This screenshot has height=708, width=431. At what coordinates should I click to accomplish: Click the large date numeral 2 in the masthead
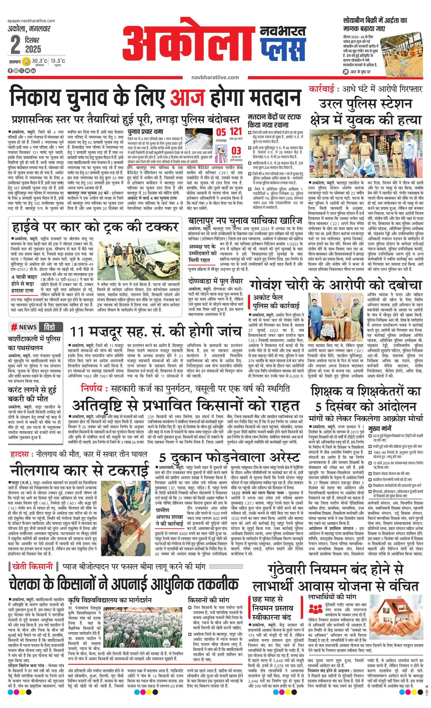(x=15, y=45)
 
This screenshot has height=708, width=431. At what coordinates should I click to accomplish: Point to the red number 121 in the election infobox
(x=236, y=132)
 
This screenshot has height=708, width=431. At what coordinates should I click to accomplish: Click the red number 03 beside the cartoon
(x=236, y=151)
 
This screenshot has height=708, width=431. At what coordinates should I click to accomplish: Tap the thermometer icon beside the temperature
(x=27, y=62)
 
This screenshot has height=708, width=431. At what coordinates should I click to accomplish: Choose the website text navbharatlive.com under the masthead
(x=215, y=77)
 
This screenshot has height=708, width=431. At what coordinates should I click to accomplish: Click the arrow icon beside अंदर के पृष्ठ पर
(x=346, y=72)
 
